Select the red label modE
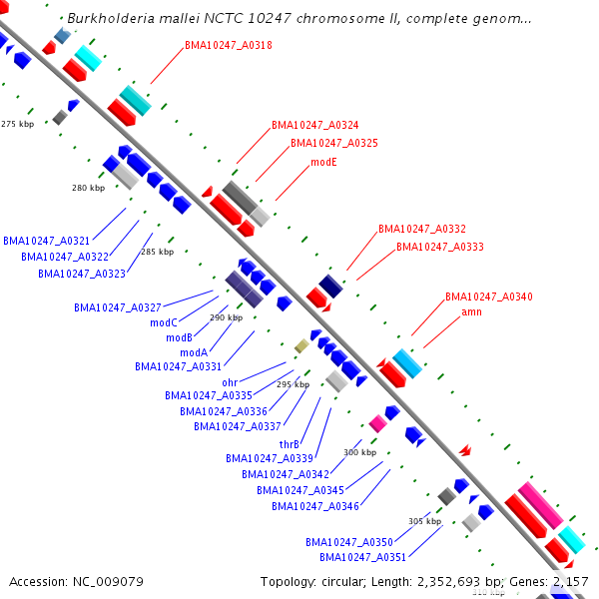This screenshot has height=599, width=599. point(324,161)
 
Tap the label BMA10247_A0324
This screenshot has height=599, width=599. point(315,125)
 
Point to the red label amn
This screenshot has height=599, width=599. point(472,312)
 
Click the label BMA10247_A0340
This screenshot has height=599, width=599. point(489,297)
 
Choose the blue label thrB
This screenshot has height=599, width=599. point(290,444)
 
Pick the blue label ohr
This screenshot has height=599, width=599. point(230,382)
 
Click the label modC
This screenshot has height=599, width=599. point(164,322)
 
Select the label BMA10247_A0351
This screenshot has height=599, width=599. point(362,557)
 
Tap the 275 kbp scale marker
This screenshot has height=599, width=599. point(17,124)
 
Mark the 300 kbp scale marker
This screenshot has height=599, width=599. point(359,452)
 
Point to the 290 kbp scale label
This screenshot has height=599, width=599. point(226,317)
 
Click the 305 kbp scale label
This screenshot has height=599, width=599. point(424,521)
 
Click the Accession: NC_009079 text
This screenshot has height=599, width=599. point(76,581)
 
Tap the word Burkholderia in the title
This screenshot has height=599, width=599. point(110,19)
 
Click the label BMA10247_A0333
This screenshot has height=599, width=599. point(440,247)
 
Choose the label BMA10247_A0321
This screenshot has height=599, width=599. point(47,241)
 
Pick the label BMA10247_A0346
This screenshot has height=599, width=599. point(315,506)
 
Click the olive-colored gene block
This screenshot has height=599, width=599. point(301,345)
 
